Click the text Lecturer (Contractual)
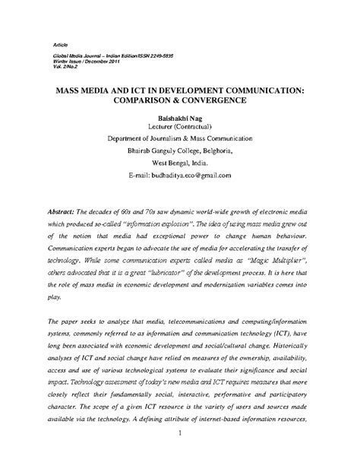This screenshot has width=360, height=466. [x=180, y=128]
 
